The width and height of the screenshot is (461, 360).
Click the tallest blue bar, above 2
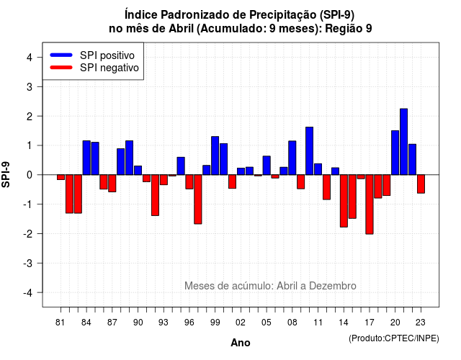403,142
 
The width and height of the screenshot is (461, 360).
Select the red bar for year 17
370,204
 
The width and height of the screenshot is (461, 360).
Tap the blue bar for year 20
395,153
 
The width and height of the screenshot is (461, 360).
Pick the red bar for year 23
421,184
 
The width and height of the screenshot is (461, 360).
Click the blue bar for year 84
86,158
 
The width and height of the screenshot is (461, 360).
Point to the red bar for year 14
344,201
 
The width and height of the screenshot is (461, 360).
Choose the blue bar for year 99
215,156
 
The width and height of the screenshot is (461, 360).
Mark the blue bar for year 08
292,158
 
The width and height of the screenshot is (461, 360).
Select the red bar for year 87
112,184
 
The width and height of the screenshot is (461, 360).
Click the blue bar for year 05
267,166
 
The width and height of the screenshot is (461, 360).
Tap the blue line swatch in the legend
61,55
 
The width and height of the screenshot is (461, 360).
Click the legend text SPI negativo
109,68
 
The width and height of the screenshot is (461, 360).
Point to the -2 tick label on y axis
29,233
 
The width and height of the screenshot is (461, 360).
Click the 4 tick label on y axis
30,57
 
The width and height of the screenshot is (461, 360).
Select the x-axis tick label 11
318,323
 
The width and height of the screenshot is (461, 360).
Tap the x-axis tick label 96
189,323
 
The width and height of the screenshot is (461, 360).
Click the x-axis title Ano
241,343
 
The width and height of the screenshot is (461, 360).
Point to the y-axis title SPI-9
6,174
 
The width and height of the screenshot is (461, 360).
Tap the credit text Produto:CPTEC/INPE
394,338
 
